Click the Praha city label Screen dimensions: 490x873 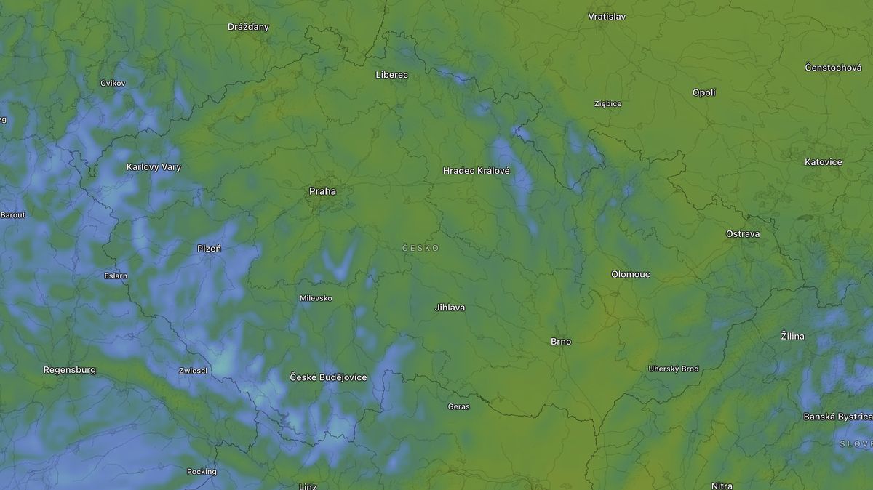pos(322,191)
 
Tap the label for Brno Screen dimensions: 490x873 pos(560,342)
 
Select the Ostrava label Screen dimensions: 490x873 pos(742,234)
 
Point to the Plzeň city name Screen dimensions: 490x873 pos(209,249)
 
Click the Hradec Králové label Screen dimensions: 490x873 pos(477,171)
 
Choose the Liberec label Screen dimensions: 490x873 pos(391,75)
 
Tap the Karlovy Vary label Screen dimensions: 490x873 pos(154,167)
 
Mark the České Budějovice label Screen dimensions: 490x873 pos(328,377)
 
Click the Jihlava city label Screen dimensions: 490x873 pos(449,308)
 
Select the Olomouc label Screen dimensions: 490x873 pos(630,275)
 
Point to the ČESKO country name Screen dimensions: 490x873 pos(420,249)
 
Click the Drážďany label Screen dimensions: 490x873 pos(248,27)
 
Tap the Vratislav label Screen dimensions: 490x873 pos(606,16)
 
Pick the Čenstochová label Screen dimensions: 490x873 pos(833,68)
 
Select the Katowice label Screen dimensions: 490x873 pos(823,162)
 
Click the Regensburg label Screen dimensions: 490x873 pos(69,370)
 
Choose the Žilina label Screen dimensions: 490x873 pos(792,336)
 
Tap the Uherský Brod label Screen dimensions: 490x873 pos(673,369)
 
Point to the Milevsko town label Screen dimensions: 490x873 pos(316,299)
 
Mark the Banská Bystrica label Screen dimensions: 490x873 pos(837,417)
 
